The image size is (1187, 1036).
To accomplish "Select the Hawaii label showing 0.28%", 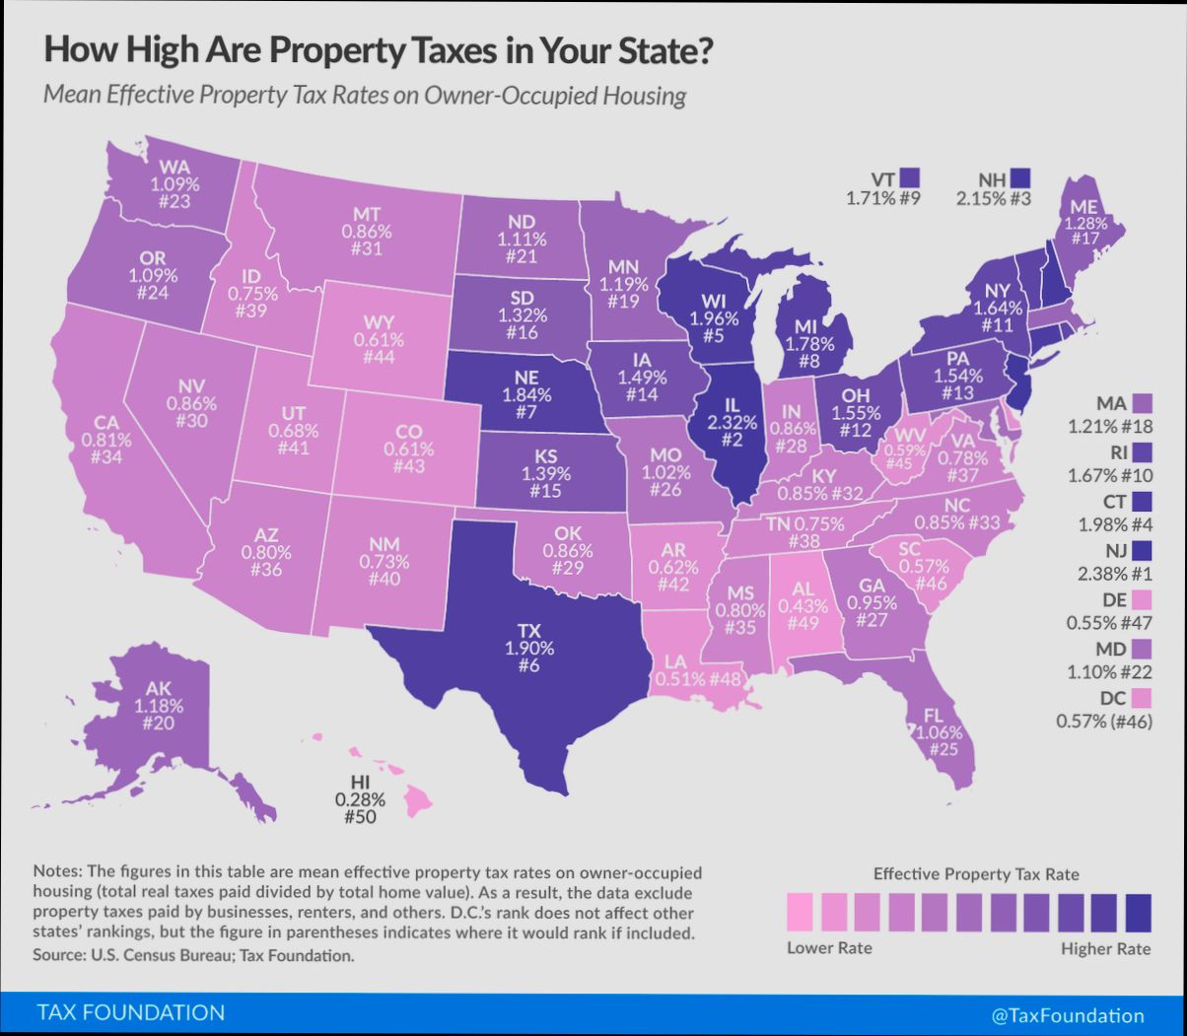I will (359, 799).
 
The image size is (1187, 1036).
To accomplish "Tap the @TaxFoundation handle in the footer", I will (1069, 1015).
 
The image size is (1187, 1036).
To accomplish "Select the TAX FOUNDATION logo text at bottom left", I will (130, 1012).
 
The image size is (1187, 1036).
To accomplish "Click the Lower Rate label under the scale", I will (829, 948).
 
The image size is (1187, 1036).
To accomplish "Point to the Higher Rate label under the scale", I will (1105, 948).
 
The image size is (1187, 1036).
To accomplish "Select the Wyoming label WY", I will (380, 322).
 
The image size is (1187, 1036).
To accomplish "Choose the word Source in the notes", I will (61, 955).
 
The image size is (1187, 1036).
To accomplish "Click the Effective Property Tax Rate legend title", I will (976, 874).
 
